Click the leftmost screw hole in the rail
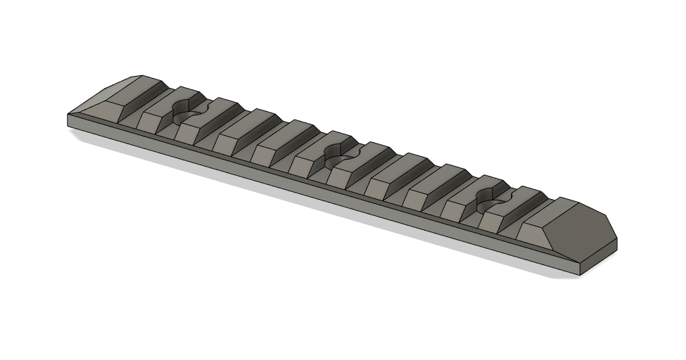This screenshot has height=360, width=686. click(186, 112)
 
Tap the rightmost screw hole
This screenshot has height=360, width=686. click(495, 202)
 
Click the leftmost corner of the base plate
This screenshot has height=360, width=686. click(68, 121)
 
